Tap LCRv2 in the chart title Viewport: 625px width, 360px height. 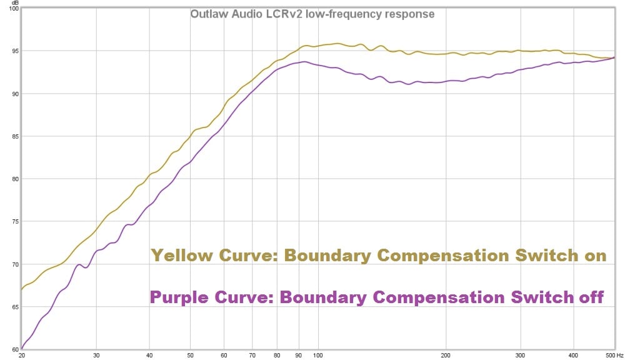pos(281,14)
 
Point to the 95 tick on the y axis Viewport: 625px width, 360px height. pos(12,51)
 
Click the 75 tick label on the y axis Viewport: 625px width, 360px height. pos(12,222)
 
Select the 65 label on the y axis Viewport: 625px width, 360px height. pos(12,307)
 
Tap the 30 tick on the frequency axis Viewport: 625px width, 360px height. pos(96,354)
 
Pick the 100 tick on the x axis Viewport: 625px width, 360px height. pos(317,354)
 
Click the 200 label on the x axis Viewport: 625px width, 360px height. pos(446,354)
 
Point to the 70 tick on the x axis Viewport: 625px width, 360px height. pos(252,354)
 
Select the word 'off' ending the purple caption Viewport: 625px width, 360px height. pos(592,297)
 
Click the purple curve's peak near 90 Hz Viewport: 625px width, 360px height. pos(304,62)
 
